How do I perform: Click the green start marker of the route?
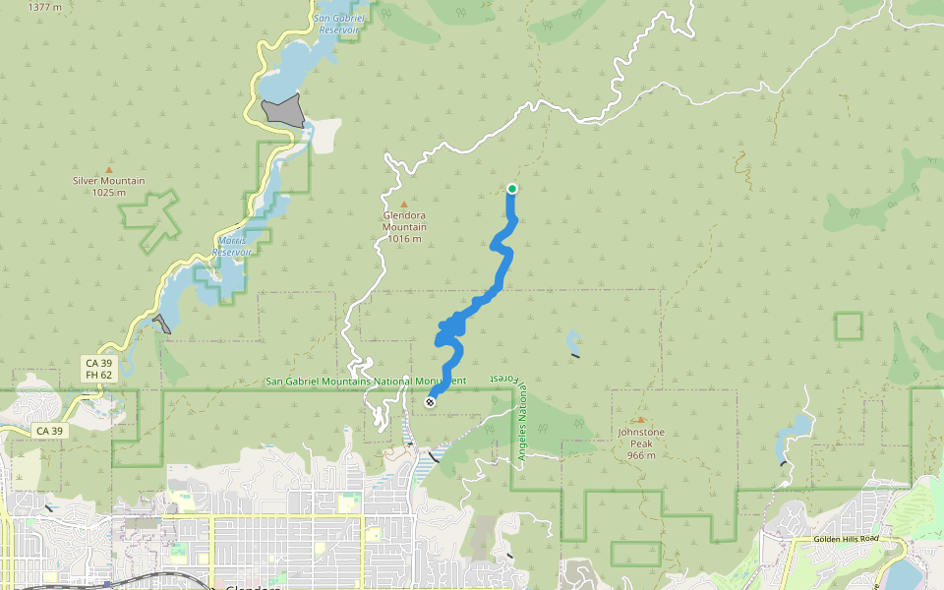512,189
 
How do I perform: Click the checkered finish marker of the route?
430,401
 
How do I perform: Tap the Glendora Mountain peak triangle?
403,205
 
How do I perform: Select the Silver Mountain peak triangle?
108,170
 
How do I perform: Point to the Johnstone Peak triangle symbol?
641,420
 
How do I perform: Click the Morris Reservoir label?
232,246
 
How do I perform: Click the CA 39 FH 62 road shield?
96,369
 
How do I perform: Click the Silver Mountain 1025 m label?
108,187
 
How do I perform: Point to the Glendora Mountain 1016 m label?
404,227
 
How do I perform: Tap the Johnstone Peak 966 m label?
641,443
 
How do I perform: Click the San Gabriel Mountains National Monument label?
365,381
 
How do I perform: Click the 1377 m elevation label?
44,6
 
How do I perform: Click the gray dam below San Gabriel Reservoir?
284,111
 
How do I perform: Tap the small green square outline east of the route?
848,326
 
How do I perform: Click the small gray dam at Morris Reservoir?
162,324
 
